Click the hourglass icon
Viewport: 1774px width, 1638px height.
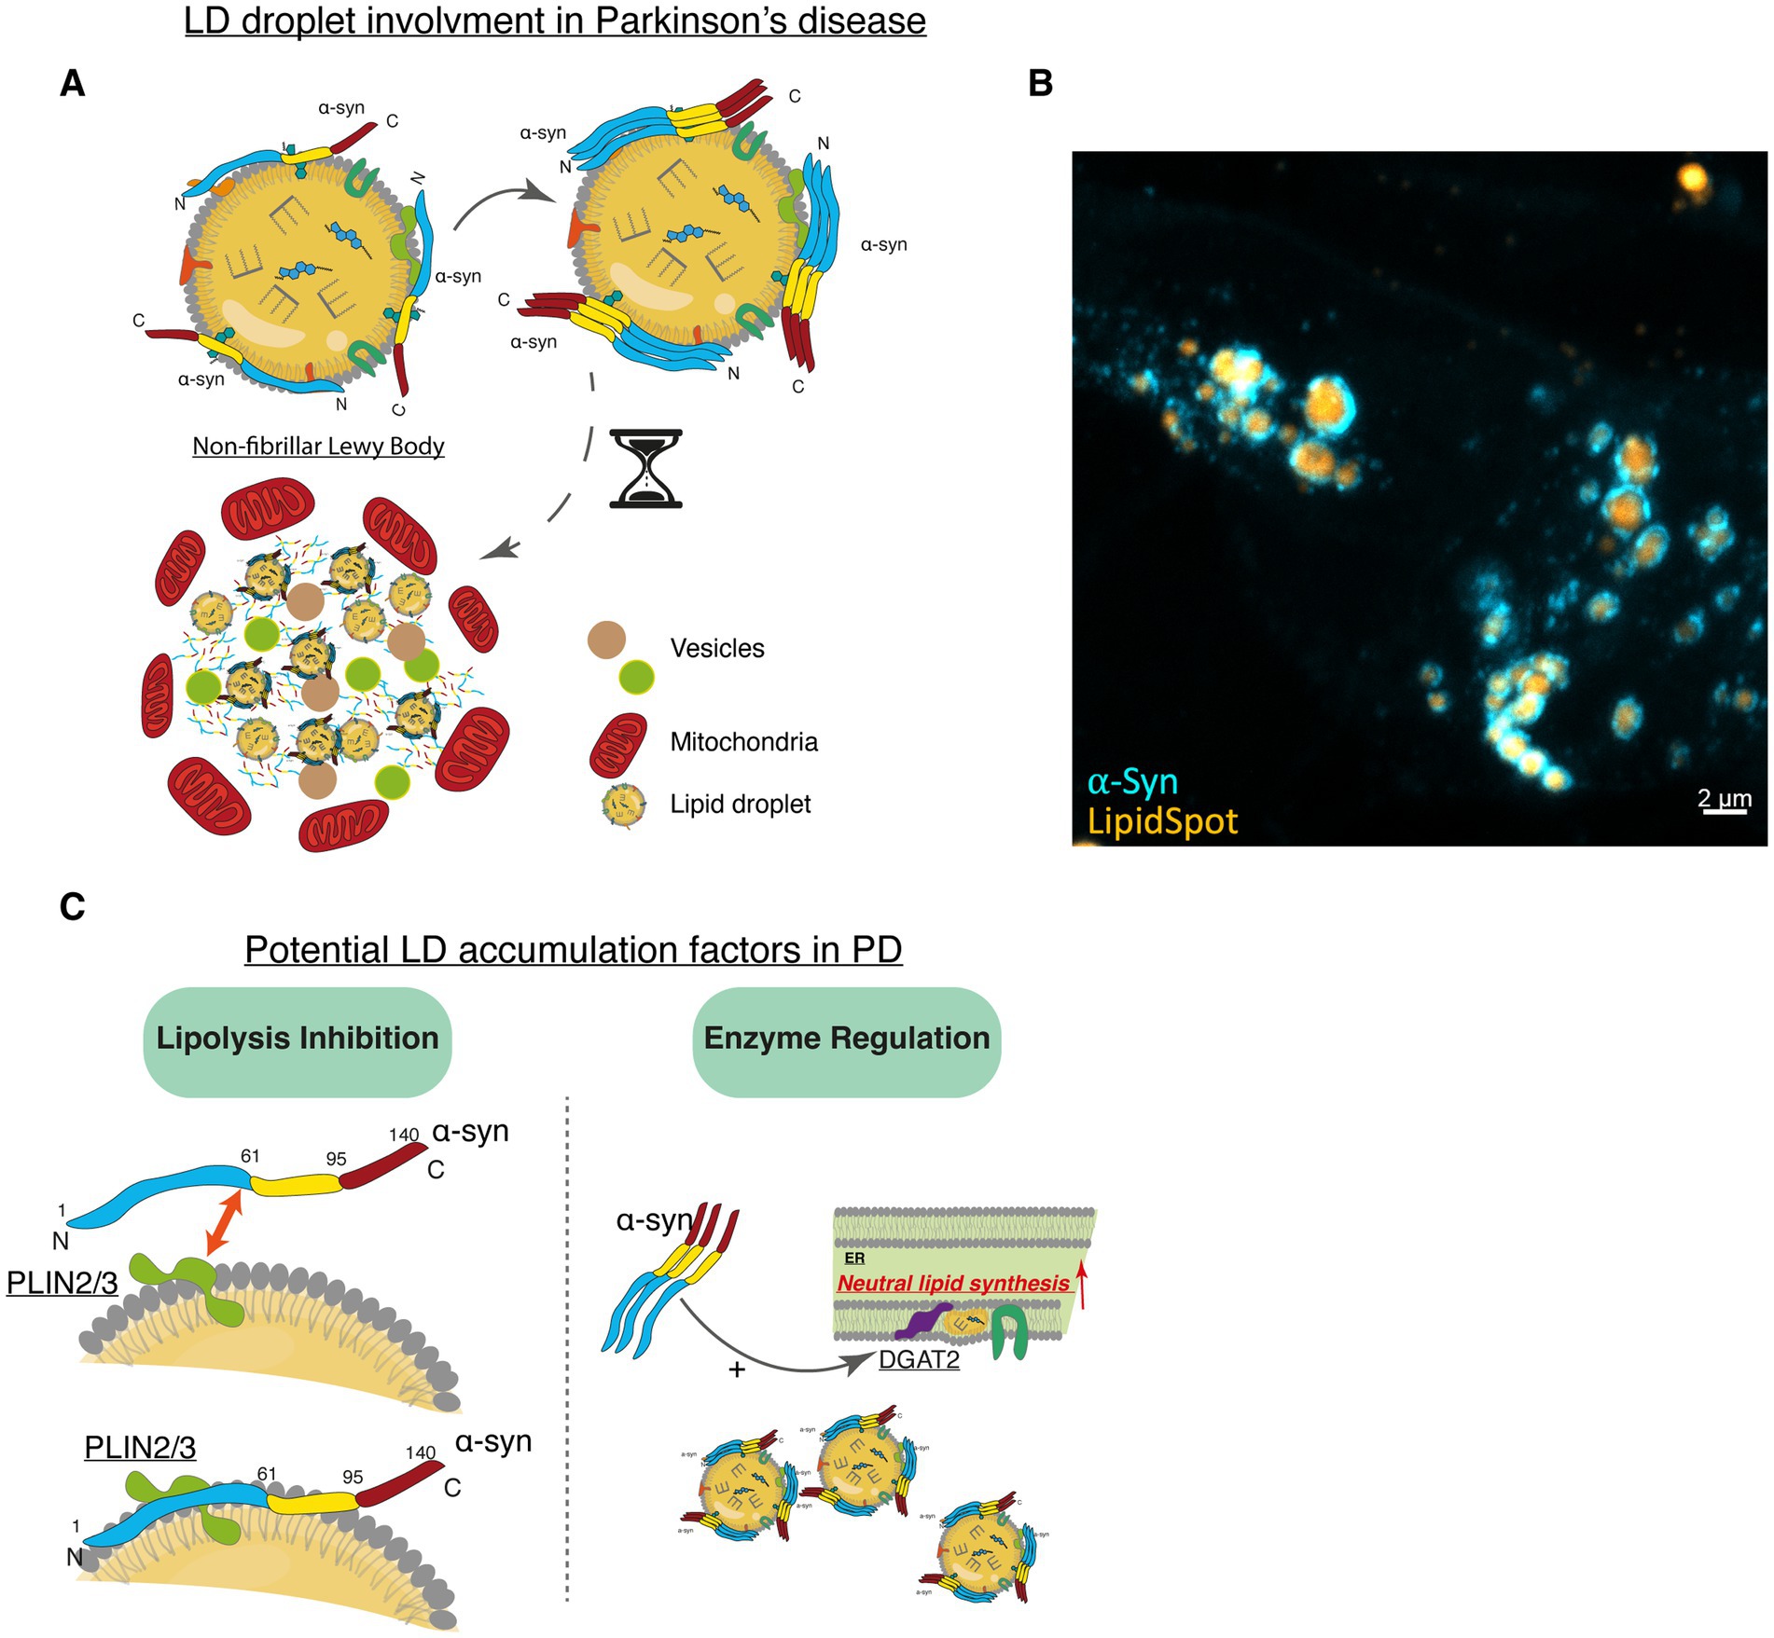(645, 468)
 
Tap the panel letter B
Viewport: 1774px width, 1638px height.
(1040, 84)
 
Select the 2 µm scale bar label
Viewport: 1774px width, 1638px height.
(1724, 798)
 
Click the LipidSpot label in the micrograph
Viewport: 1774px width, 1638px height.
(1162, 821)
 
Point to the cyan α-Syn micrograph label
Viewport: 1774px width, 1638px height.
(1132, 781)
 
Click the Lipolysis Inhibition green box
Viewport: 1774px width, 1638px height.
(298, 1039)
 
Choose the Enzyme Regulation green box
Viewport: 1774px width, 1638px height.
(846, 1039)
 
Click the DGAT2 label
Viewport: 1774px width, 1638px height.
(919, 1359)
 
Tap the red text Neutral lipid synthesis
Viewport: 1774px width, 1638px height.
(952, 1283)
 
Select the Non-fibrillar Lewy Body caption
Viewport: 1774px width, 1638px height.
(318, 446)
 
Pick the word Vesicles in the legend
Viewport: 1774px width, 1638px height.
(716, 648)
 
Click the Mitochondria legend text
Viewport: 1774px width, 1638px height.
(743, 742)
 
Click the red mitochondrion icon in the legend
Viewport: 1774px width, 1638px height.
(617, 745)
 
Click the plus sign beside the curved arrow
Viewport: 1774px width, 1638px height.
(737, 1370)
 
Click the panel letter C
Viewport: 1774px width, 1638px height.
(72, 906)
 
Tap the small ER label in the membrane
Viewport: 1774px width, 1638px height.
(854, 1259)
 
